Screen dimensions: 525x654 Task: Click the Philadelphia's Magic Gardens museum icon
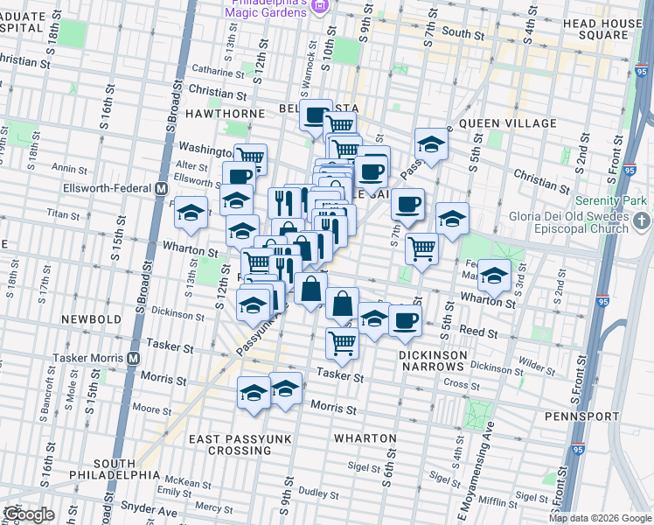tap(320, 8)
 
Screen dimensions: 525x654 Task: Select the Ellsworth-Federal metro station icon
tap(161, 188)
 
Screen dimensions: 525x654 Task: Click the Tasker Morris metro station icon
tap(134, 357)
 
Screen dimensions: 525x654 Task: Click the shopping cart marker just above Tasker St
tap(342, 342)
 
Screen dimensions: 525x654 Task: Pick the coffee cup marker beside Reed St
tap(404, 319)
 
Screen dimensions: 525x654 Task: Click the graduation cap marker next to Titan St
tap(191, 213)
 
